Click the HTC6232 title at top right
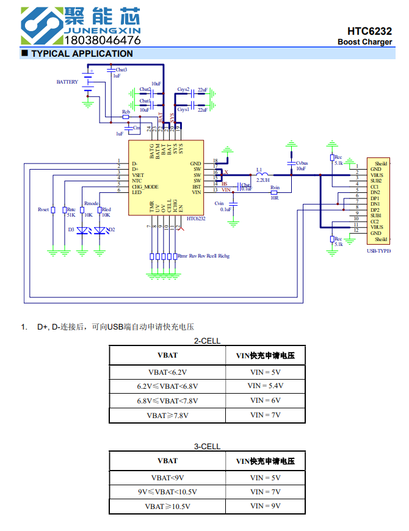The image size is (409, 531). point(369,31)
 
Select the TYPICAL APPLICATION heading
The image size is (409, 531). point(82,54)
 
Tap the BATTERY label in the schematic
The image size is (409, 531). point(67,82)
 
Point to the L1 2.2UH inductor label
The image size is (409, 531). point(262,175)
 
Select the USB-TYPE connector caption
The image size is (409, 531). point(378,251)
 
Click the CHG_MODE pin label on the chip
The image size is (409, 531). point(145,187)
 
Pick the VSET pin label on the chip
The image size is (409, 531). point(138,175)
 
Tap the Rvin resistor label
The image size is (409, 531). point(275,187)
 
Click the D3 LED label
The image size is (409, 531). point(71,229)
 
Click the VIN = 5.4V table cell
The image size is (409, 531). point(265,386)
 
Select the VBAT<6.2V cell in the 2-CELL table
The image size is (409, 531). point(167,372)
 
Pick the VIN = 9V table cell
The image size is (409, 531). point(265,506)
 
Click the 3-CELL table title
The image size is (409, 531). point(207,447)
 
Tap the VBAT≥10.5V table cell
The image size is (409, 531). point(167,506)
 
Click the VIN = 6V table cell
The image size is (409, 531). point(265,400)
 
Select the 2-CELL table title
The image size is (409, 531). point(207,341)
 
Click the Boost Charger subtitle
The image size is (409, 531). point(364,42)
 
